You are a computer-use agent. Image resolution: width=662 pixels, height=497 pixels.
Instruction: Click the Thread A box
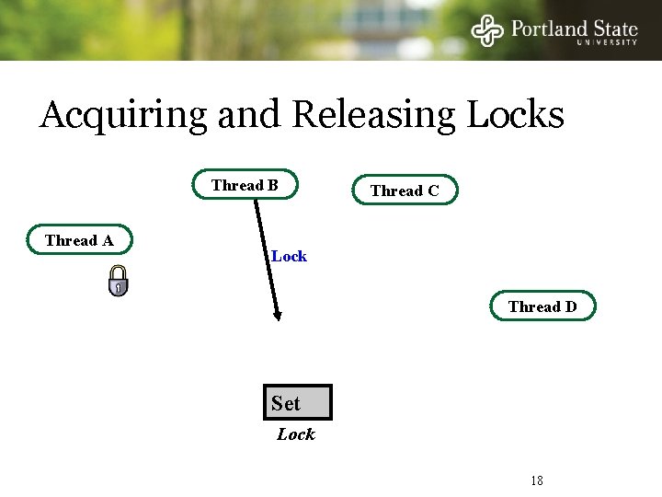click(x=79, y=240)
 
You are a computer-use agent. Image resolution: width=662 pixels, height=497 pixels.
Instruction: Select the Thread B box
click(x=245, y=185)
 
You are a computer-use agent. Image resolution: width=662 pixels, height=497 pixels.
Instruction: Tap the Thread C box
click(x=405, y=191)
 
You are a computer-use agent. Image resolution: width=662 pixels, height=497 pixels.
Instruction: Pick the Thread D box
click(x=542, y=306)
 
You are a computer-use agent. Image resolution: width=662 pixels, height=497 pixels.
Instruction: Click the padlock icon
click(x=118, y=281)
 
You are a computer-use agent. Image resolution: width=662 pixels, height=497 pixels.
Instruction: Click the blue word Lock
click(x=289, y=256)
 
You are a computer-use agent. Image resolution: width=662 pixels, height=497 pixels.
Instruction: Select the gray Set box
click(x=297, y=402)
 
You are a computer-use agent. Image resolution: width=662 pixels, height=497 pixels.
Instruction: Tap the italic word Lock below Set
click(x=296, y=433)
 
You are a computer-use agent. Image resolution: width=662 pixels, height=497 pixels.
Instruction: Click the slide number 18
click(x=537, y=480)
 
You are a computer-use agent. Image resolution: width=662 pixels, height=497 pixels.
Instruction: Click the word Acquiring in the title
click(x=124, y=116)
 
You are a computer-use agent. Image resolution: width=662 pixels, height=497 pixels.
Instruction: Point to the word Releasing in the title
click(x=373, y=116)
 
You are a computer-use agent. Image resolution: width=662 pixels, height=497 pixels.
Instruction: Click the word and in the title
click(x=250, y=115)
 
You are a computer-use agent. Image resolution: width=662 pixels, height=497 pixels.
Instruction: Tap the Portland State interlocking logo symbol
click(x=488, y=29)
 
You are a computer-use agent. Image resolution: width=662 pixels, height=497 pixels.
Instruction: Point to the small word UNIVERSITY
click(x=607, y=42)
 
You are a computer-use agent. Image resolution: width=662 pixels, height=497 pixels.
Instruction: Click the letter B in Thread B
click(x=272, y=185)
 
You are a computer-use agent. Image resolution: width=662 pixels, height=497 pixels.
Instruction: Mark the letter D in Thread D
click(x=571, y=306)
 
